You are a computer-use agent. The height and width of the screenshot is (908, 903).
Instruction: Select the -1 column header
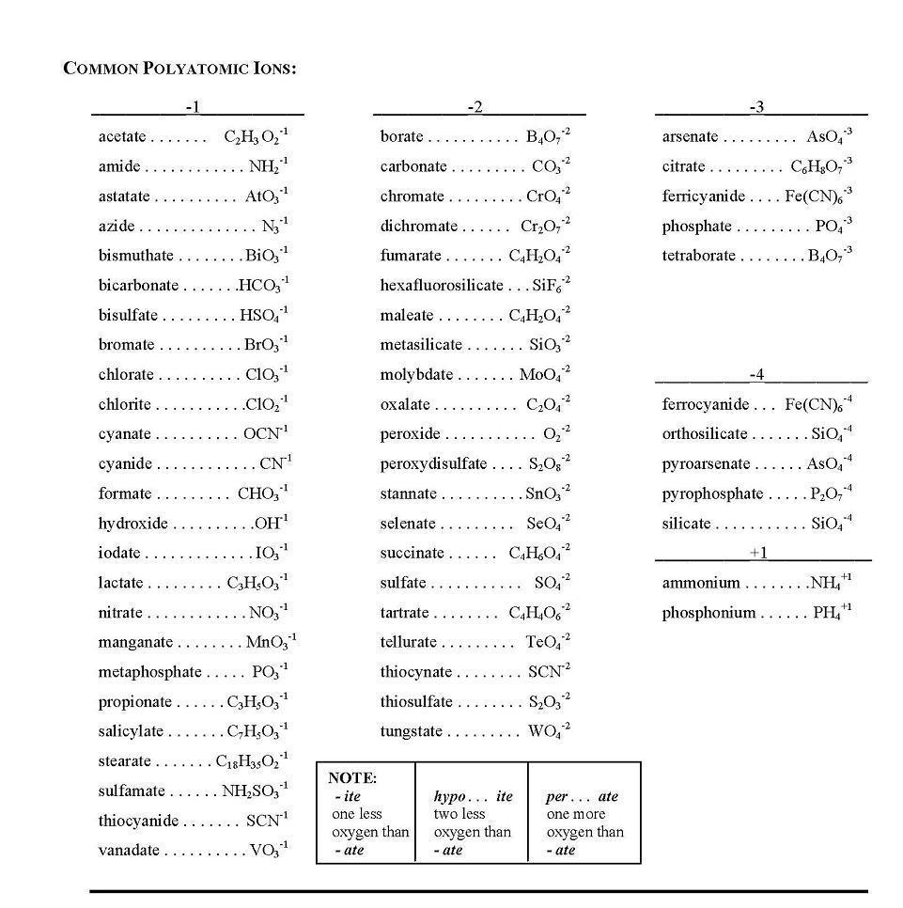tap(193, 107)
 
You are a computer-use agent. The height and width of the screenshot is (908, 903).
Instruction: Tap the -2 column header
tap(476, 107)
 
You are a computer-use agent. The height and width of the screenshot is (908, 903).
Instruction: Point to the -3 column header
tap(757, 107)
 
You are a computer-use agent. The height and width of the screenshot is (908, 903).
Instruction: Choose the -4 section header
tap(757, 375)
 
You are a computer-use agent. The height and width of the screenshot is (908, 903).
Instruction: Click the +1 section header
tap(758, 553)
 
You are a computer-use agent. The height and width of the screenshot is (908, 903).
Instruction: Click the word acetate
tap(122, 137)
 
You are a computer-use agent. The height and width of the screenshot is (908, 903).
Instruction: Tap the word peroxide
tap(410, 434)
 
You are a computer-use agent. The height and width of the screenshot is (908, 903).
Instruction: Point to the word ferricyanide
tap(703, 196)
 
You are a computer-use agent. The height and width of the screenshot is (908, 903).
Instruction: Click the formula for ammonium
tap(831, 583)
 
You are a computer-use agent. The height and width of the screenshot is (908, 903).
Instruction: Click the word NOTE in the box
tap(352, 778)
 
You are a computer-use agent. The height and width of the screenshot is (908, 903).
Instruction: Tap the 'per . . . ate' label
tap(583, 797)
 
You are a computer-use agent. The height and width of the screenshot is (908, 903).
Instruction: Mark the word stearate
tap(124, 761)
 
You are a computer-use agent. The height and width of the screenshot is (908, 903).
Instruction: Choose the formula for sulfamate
tap(255, 791)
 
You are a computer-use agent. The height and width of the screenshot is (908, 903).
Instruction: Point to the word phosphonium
tap(708, 613)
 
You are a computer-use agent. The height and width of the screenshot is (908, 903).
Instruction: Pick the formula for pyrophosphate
tap(831, 493)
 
